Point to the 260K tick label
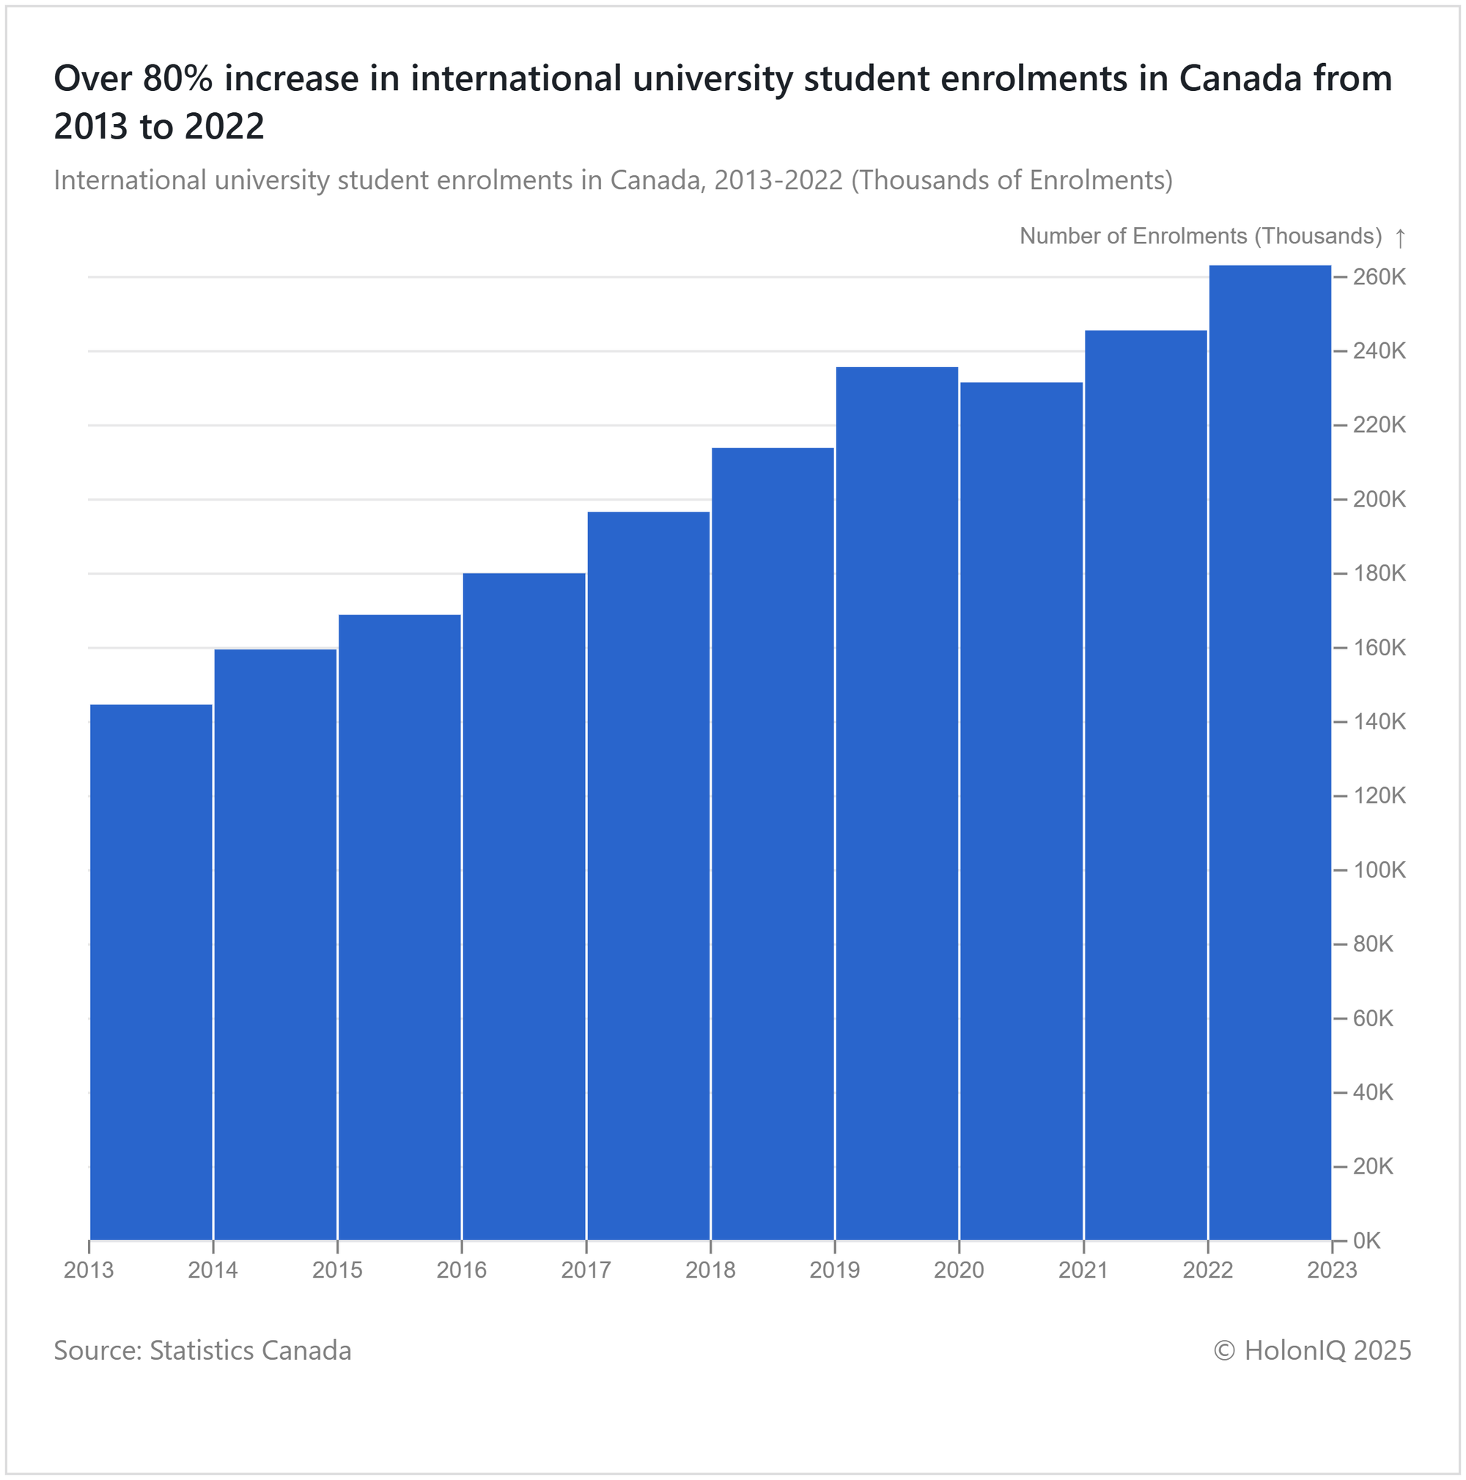point(1380,277)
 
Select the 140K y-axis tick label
point(1380,722)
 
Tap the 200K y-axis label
point(1380,499)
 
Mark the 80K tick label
point(1373,945)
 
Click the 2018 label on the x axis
point(710,1271)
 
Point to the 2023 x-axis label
point(1332,1271)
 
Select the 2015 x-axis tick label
point(337,1271)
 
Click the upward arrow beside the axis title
point(1400,238)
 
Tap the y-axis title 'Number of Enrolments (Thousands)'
point(1200,236)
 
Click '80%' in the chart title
point(177,79)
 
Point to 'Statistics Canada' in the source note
point(251,1350)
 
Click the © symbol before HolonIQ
point(1224,1350)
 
